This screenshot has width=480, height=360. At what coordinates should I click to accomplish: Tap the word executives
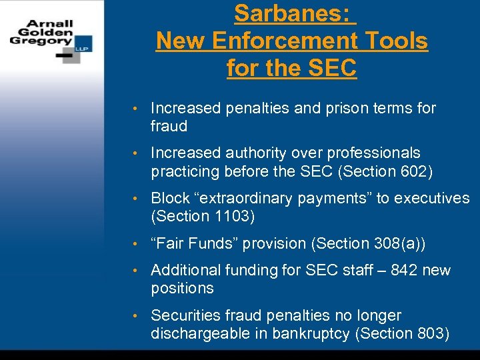[432, 199]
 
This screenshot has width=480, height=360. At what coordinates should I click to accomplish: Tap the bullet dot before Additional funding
[135, 271]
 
